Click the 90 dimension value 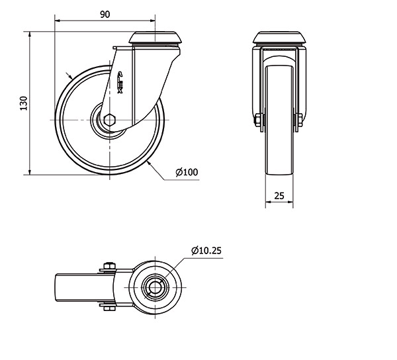[x=105, y=15]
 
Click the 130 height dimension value [x=24, y=103]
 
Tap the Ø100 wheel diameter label [x=187, y=172]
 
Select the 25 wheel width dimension [x=279, y=196]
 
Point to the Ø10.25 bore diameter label [x=206, y=250]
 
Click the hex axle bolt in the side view [x=110, y=120]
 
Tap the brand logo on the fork [x=120, y=82]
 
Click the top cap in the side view [x=155, y=38]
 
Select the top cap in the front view [x=279, y=38]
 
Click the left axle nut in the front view [x=257, y=120]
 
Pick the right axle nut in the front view [x=300, y=120]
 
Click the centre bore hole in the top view [x=155, y=287]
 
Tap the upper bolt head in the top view [x=110, y=266]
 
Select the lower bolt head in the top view [x=110, y=308]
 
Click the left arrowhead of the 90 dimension [x=58, y=21]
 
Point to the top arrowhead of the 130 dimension [x=30, y=34]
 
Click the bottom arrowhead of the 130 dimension [x=30, y=171]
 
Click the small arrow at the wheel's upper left [x=69, y=75]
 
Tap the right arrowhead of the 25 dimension [x=290, y=202]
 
